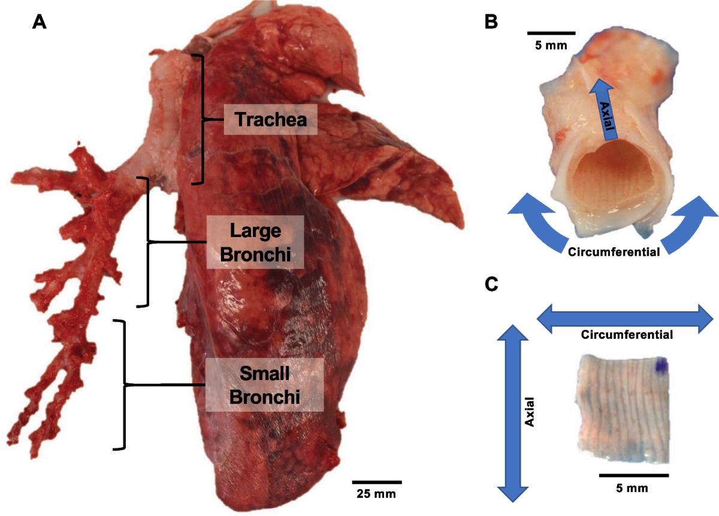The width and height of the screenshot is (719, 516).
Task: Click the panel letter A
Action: pyautogui.click(x=39, y=22)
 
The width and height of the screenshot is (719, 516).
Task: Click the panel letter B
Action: pyautogui.click(x=491, y=22)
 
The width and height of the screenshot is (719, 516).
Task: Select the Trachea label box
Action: pyautogui.click(x=270, y=119)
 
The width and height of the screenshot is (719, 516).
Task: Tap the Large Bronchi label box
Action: pyautogui.click(x=255, y=242)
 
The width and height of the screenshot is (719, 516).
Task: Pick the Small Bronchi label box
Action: pyautogui.click(x=264, y=384)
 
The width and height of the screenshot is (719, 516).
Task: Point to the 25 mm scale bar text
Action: pyautogui.click(x=376, y=494)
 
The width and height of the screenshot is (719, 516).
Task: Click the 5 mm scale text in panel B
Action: pyautogui.click(x=551, y=45)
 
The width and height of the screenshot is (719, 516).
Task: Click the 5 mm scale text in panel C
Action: pyautogui.click(x=633, y=488)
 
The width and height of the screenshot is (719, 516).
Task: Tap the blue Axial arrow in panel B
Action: pyautogui.click(x=606, y=111)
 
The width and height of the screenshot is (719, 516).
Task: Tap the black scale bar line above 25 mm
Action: pyautogui.click(x=376, y=481)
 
